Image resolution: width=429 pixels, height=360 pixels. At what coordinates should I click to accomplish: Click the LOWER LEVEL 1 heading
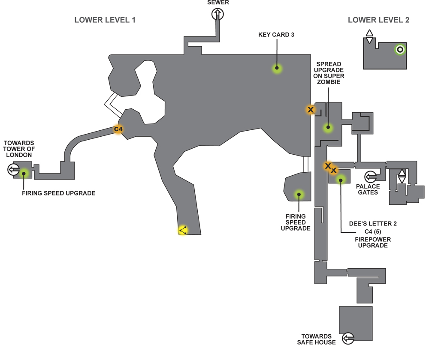point(105,20)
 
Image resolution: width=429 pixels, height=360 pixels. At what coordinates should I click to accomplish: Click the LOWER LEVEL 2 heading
point(378,20)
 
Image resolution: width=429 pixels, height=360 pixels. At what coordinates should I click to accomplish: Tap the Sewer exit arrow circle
point(218,14)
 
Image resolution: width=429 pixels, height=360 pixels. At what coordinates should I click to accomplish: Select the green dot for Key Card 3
point(277,68)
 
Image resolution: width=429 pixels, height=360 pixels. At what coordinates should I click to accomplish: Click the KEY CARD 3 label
point(276,35)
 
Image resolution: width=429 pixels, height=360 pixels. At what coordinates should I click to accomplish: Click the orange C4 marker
point(118,129)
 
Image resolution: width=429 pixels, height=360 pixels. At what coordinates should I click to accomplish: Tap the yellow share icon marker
point(183,231)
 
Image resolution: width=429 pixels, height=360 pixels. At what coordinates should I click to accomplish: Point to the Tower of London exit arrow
point(13,169)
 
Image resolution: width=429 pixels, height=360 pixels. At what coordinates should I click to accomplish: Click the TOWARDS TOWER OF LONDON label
point(19,149)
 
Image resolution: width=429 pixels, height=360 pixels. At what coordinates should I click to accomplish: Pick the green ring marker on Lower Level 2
point(400,50)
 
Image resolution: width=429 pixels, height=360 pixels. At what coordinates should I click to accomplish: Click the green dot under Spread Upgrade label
point(328,127)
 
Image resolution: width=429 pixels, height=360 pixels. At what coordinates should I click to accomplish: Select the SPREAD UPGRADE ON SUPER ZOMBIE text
point(329,73)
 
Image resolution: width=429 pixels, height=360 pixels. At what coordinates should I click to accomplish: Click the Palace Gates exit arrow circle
point(371,177)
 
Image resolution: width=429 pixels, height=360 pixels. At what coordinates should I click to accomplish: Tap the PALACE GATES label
point(368,189)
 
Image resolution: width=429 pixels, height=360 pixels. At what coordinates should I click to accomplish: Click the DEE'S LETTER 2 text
point(373,224)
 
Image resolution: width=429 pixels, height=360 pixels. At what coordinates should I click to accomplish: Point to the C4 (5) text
point(373,231)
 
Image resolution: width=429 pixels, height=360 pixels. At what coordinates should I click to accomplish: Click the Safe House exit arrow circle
point(348,339)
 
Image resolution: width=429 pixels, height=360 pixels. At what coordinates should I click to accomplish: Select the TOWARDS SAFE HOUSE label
point(316,339)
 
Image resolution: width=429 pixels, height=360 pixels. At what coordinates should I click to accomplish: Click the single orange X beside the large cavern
point(310,110)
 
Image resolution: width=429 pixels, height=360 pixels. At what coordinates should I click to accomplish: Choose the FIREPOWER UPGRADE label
point(373,243)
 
